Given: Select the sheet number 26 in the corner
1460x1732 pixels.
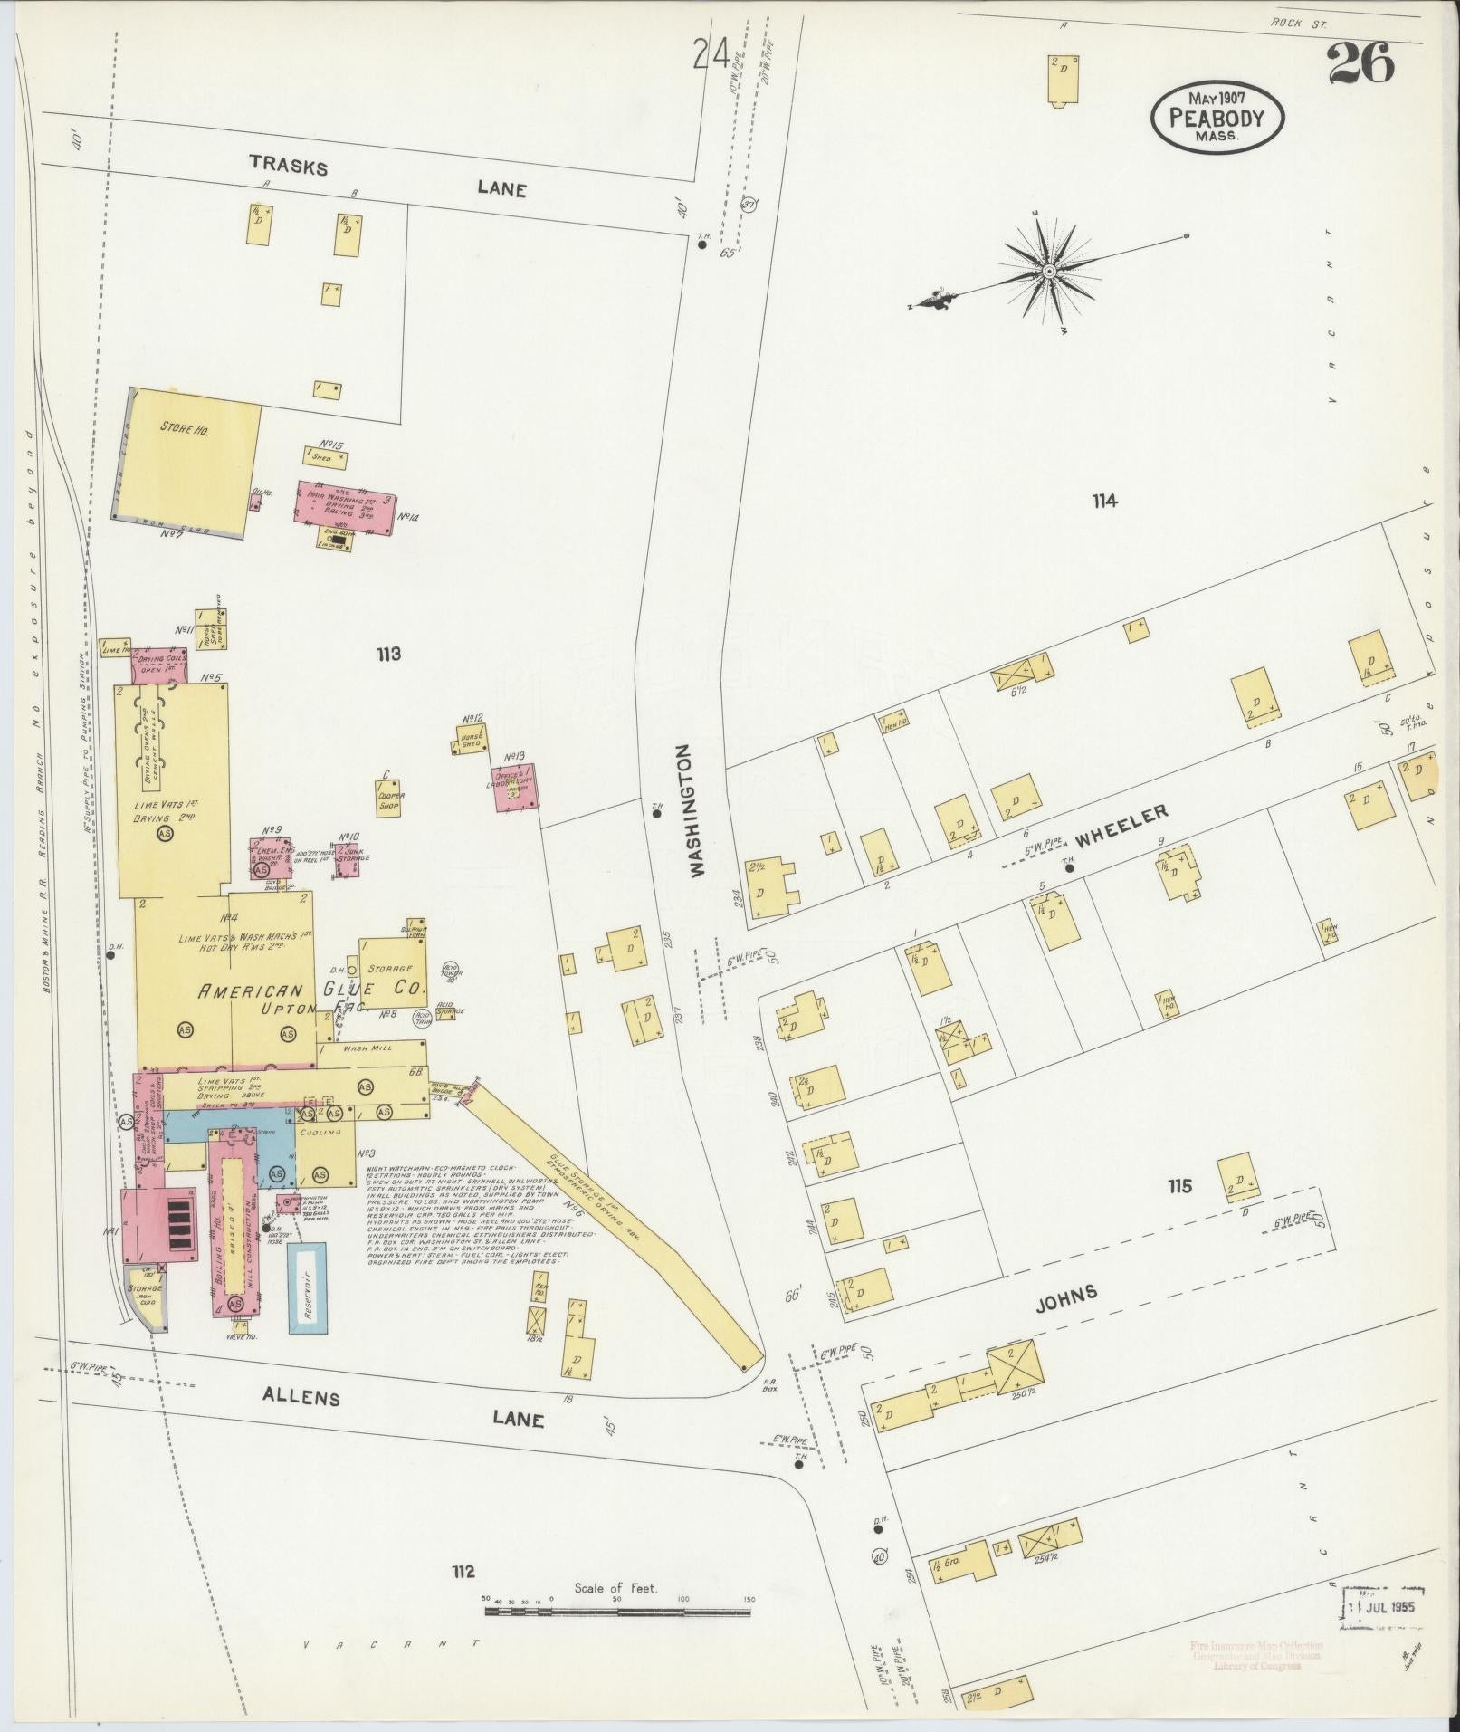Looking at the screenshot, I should [x=1360, y=63].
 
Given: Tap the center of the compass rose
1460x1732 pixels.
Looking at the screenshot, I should [x=1049, y=271].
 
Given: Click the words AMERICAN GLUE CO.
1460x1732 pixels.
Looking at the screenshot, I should [x=310, y=990].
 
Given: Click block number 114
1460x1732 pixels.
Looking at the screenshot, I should [x=1104, y=501].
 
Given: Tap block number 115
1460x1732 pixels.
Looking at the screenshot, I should [x=1179, y=1186].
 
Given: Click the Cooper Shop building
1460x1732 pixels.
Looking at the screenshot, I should [x=391, y=799].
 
